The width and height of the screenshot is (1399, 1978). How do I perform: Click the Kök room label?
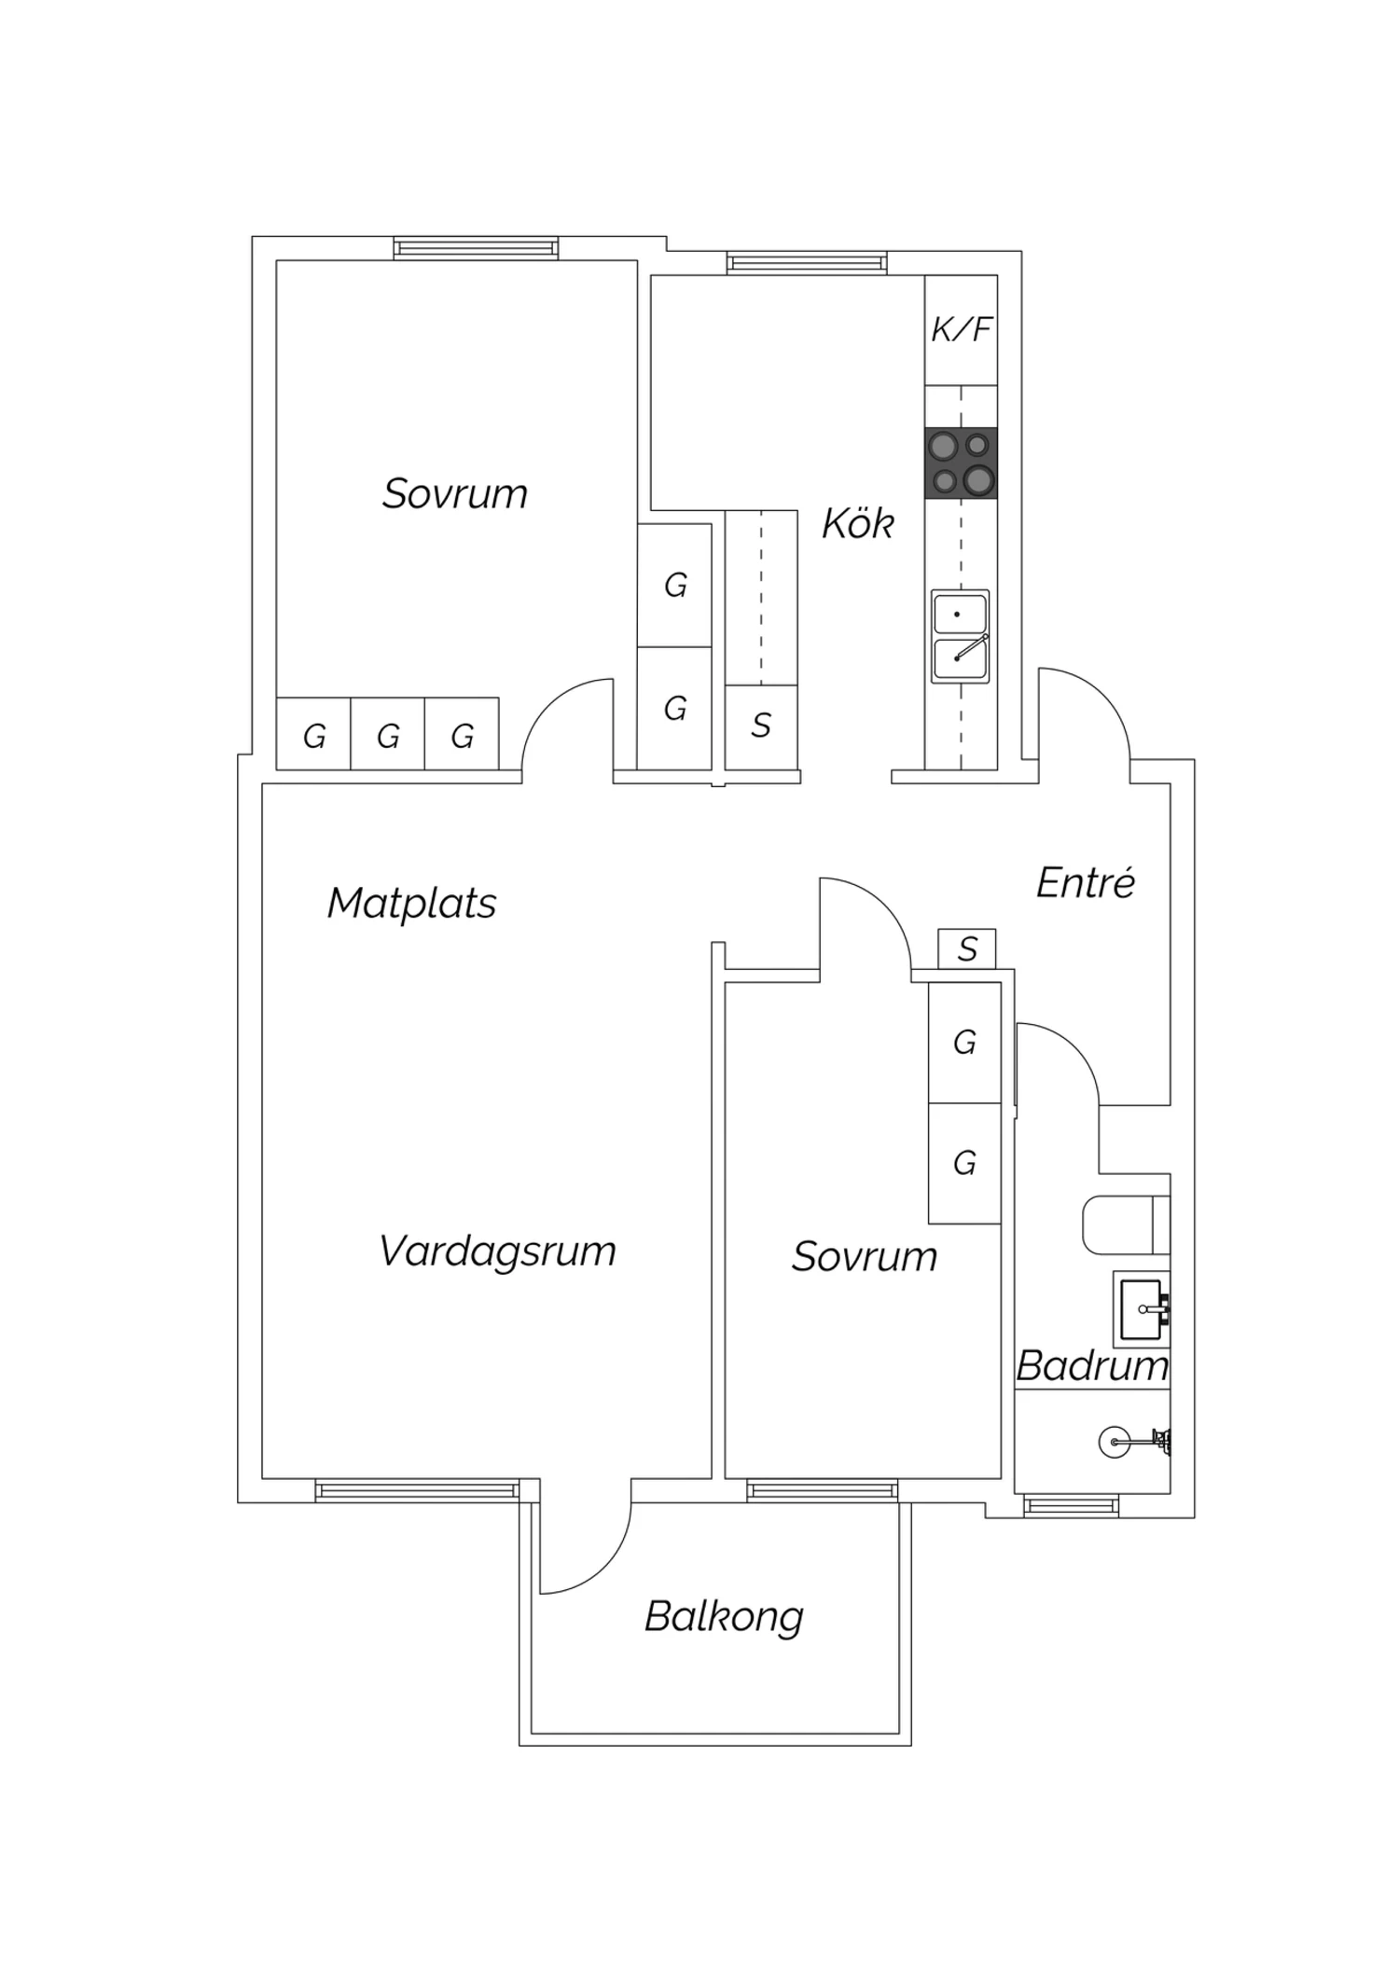pyautogui.click(x=857, y=524)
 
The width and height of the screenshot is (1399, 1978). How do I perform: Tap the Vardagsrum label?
pyautogui.click(x=497, y=1252)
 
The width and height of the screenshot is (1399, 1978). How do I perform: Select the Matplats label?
pyautogui.click(x=411, y=903)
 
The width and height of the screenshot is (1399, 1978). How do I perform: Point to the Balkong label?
pyautogui.click(x=724, y=1616)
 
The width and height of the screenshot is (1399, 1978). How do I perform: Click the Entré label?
pyautogui.click(x=1085, y=883)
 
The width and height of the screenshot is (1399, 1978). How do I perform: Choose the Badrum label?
pyautogui.click(x=1091, y=1366)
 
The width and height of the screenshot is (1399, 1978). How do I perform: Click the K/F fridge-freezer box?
pyautogui.click(x=962, y=329)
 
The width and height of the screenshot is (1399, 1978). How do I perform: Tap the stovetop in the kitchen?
pyautogui.click(x=962, y=463)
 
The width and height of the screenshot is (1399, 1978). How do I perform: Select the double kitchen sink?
pyautogui.click(x=960, y=636)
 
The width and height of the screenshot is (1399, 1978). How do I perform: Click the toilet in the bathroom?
pyautogui.click(x=1124, y=1224)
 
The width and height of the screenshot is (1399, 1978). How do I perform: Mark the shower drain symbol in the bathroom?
pyautogui.click(x=1114, y=1443)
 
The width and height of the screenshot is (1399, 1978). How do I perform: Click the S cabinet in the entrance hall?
pyautogui.click(x=967, y=949)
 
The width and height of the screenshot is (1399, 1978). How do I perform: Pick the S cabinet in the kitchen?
pyautogui.click(x=761, y=726)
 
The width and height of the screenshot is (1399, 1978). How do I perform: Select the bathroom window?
pyautogui.click(x=1071, y=1505)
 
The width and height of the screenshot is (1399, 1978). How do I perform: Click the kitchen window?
pyautogui.click(x=807, y=263)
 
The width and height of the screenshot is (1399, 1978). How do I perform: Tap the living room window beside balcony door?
pyautogui.click(x=417, y=1490)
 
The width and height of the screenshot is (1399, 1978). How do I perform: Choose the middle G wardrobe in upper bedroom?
pyautogui.click(x=388, y=735)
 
